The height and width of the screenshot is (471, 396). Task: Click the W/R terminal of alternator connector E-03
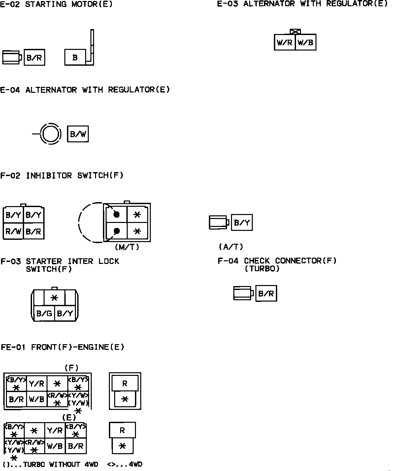point(284,42)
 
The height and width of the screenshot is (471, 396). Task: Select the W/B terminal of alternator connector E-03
point(306,42)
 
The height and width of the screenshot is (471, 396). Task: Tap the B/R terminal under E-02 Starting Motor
point(34,58)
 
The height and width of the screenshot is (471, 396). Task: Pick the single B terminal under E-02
point(75,57)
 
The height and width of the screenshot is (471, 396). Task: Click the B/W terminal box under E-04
point(78,134)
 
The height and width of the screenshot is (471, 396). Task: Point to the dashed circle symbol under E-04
point(51,134)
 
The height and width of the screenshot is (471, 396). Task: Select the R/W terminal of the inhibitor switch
point(13,232)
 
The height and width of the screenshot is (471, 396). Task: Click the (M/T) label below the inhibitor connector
point(127,247)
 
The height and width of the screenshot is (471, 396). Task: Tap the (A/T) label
point(231,247)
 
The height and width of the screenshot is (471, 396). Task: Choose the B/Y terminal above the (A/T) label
point(242,223)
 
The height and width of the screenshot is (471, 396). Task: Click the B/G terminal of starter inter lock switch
point(44,313)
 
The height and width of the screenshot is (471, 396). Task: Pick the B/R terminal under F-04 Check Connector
point(266,293)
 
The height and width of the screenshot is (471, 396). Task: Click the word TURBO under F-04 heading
point(262,269)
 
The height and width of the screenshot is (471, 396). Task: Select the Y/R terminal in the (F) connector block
point(36,383)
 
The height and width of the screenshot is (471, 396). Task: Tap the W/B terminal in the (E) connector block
point(55,446)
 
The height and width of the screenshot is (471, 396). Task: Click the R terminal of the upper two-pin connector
point(125,383)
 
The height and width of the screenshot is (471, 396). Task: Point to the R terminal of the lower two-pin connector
point(122,430)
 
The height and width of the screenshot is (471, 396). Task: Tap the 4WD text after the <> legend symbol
point(136,464)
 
